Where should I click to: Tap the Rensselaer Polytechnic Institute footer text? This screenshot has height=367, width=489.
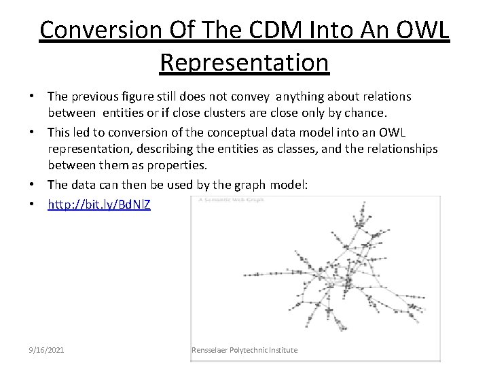tap(244, 350)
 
